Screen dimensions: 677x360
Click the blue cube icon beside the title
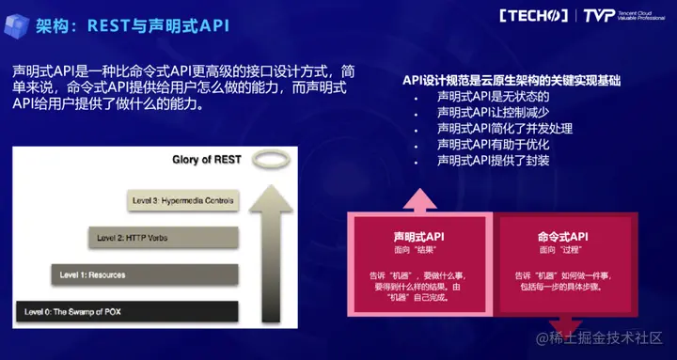point(16,26)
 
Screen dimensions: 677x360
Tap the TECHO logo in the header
point(534,16)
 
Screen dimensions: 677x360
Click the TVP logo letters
point(599,16)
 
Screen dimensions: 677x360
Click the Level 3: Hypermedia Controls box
point(183,201)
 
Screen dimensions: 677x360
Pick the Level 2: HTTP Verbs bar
point(164,238)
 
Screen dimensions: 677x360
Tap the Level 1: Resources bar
point(145,275)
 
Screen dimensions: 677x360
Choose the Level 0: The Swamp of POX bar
point(127,312)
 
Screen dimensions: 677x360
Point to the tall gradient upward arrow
point(271,254)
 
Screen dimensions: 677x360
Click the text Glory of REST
point(206,160)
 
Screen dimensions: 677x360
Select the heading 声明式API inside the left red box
point(418,237)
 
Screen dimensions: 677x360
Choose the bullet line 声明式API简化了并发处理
point(505,129)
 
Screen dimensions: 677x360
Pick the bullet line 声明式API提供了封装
point(493,161)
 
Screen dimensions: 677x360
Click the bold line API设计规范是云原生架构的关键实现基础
point(512,81)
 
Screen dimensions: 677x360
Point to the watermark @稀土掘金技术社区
point(599,338)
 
